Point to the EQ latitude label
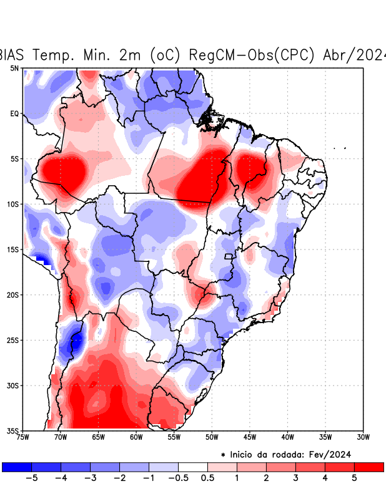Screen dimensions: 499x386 click(x=14, y=114)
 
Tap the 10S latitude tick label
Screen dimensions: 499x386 click(x=12, y=204)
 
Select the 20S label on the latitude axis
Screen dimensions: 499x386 click(x=12, y=295)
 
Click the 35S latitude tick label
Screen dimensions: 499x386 click(x=12, y=430)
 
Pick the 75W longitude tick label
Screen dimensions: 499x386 click(x=22, y=437)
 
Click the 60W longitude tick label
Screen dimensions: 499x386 click(x=136, y=437)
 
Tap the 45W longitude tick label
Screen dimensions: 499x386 click(x=250, y=437)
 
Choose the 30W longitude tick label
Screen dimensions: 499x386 click(x=364, y=437)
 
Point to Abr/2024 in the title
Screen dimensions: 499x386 click(x=354, y=55)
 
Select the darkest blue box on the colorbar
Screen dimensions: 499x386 click(x=16, y=467)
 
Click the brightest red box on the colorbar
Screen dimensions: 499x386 click(x=369, y=467)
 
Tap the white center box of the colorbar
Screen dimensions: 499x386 click(x=192, y=467)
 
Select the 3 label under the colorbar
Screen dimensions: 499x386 click(x=295, y=478)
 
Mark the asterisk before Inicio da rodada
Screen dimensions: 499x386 click(x=223, y=455)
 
